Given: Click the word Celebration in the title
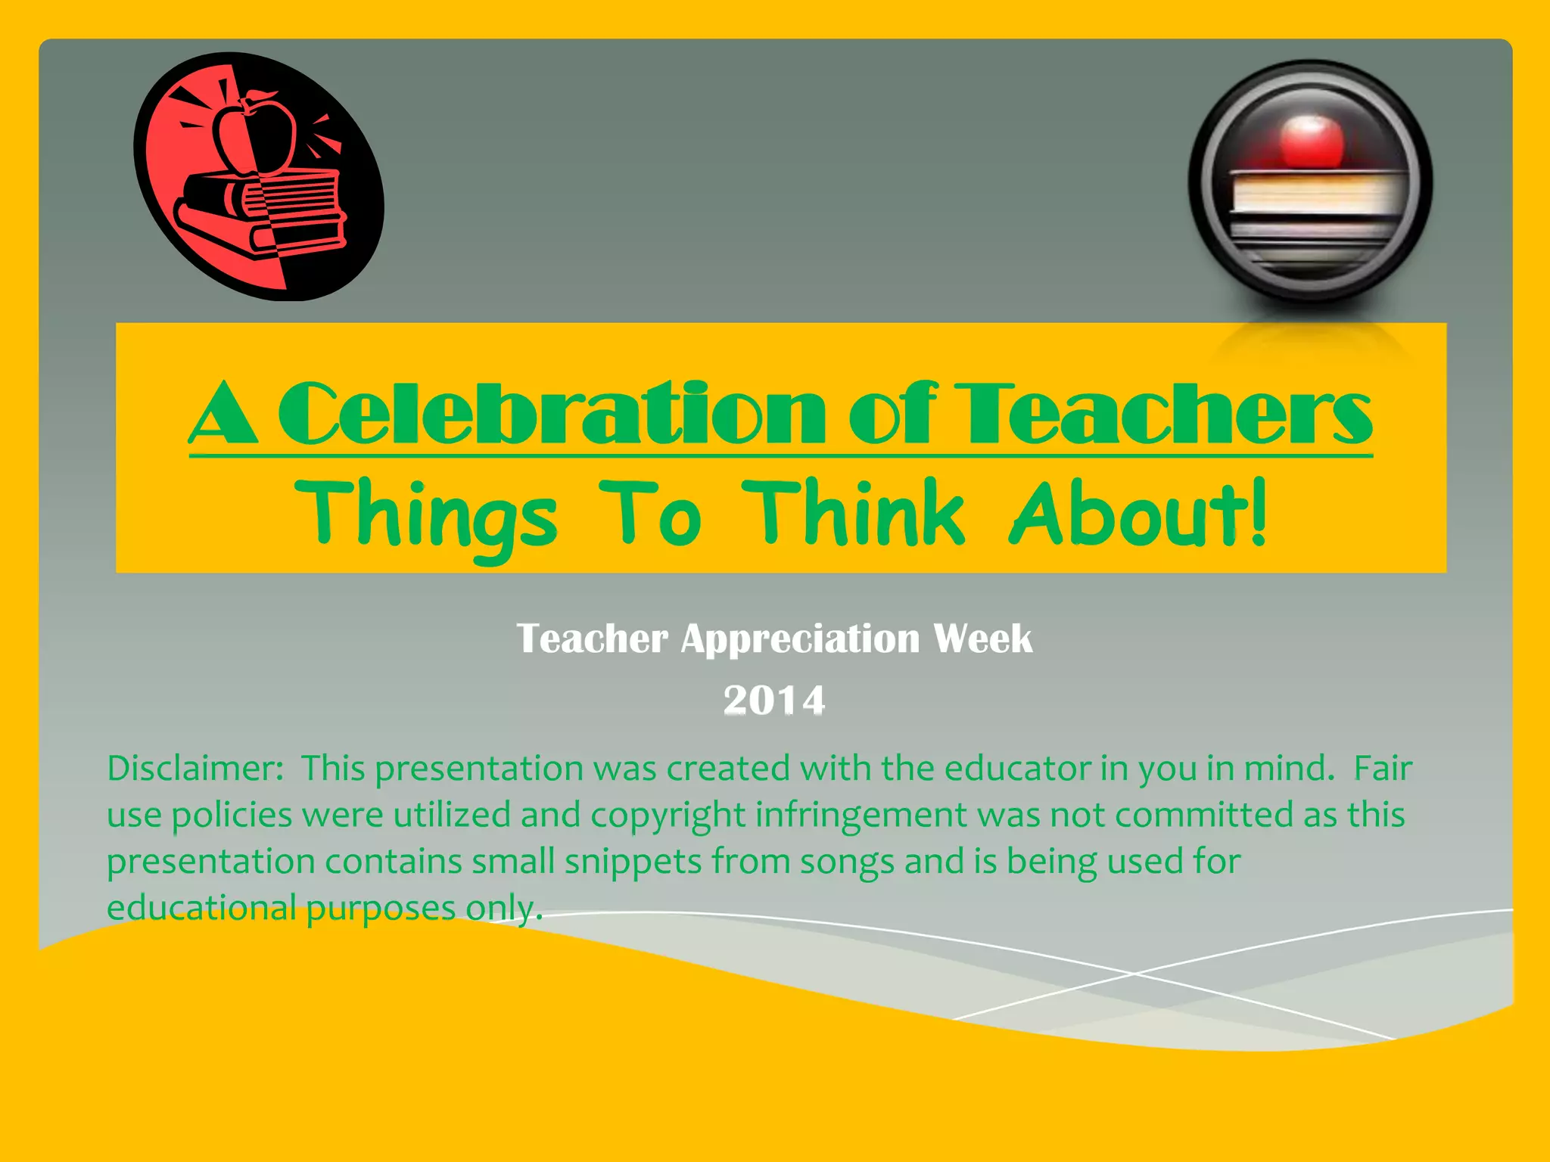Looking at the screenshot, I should click(551, 414).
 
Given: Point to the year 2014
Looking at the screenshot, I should click(773, 700).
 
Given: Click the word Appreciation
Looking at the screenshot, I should click(800, 639).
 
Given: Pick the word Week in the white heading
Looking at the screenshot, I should click(982, 639).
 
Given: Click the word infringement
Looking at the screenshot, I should click(861, 816).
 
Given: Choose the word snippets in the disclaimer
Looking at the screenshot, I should click(633, 862).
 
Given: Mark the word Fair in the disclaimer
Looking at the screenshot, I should click(1383, 769).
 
